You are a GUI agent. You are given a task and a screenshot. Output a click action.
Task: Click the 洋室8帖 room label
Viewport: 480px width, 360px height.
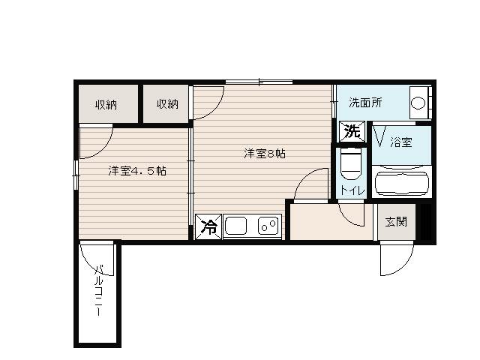(x=265, y=153)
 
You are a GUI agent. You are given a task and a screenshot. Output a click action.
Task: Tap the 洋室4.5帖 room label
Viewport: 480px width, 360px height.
(x=137, y=170)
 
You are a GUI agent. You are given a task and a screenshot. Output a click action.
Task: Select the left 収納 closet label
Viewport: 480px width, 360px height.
(x=106, y=105)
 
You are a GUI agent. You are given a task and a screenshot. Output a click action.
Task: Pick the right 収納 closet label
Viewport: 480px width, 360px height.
(x=167, y=104)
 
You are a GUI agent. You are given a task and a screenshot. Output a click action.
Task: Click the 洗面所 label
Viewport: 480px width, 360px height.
(x=365, y=103)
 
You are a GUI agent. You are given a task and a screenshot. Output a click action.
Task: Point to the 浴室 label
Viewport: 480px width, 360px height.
(x=401, y=142)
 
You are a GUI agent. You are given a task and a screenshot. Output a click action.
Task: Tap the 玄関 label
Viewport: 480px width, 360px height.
(x=396, y=222)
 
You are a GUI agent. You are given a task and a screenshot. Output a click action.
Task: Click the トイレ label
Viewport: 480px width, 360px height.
(x=352, y=190)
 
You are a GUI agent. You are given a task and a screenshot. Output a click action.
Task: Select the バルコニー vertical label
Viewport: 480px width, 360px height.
(x=98, y=290)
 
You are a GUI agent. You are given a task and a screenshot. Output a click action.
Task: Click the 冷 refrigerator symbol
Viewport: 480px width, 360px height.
(x=208, y=226)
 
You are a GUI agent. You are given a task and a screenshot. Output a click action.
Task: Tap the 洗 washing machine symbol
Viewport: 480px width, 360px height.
(x=352, y=132)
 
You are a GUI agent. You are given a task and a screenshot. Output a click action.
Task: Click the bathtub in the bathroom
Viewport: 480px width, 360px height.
(x=402, y=183)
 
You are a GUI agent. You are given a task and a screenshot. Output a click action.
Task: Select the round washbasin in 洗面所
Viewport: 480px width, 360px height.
(x=418, y=103)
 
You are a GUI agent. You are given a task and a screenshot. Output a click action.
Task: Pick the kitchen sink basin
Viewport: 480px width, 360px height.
(x=235, y=226)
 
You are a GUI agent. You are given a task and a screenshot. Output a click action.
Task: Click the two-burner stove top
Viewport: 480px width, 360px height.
(x=268, y=226)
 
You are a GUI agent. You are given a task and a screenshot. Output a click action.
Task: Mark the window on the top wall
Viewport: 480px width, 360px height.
(x=259, y=82)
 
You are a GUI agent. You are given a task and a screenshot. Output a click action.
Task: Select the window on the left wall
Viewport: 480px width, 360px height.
(x=76, y=175)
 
